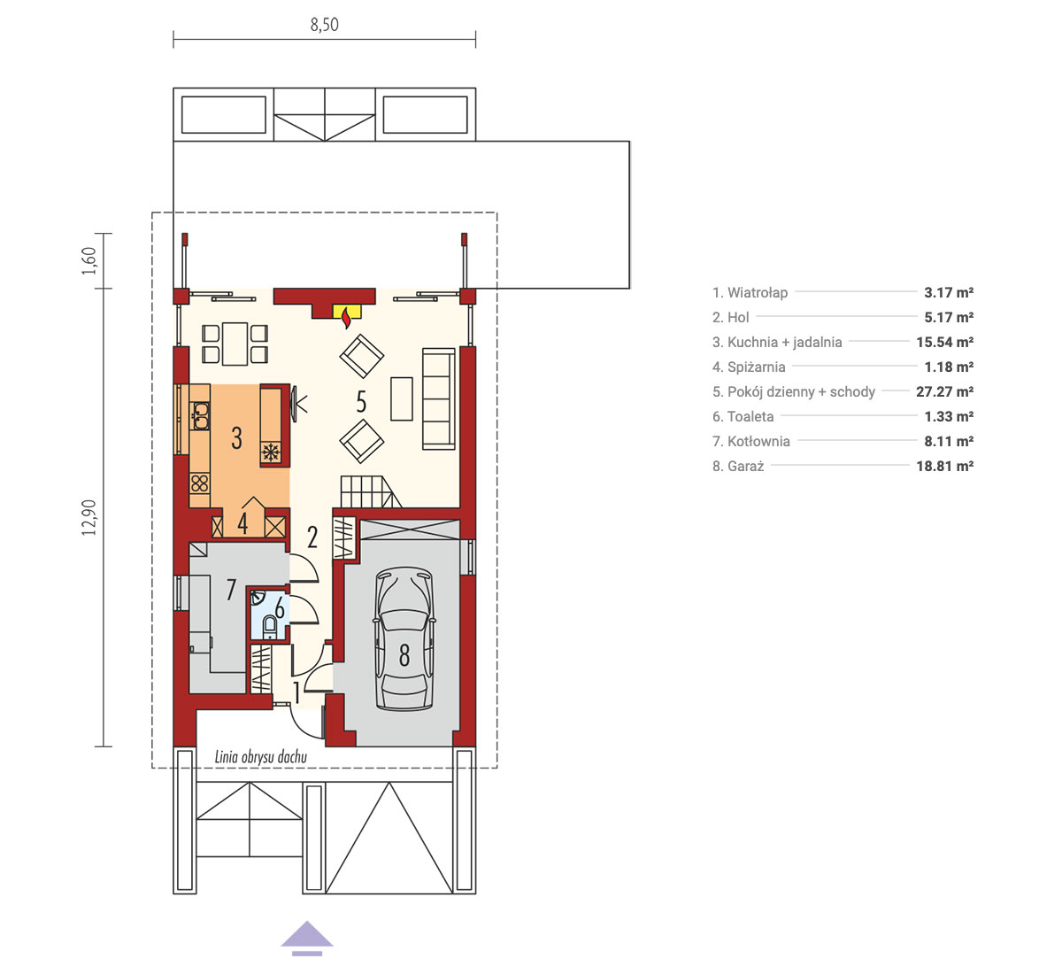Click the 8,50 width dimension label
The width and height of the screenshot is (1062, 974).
(324, 25)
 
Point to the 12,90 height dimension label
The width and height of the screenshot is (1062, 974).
(88, 518)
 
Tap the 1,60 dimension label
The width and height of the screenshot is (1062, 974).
(88, 260)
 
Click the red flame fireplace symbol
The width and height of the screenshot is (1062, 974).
(347, 318)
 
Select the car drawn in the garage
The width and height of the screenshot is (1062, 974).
(404, 638)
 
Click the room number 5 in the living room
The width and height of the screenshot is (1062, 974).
(361, 402)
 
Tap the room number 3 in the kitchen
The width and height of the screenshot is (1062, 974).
(236, 438)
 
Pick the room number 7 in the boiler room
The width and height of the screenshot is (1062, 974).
(231, 590)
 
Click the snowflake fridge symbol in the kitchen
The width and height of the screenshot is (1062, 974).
(271, 452)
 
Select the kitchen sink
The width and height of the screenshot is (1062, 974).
(200, 415)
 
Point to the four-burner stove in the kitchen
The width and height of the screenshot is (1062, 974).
(200, 483)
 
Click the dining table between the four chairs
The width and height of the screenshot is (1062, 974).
(235, 344)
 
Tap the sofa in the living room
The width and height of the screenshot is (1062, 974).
(438, 398)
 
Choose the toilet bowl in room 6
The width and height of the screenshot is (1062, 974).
(270, 626)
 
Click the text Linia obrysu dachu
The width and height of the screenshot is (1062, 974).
(260, 757)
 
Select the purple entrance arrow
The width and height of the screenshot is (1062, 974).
(307, 939)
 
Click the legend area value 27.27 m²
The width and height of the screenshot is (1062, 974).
(945, 391)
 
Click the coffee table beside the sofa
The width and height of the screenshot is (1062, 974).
(402, 398)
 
